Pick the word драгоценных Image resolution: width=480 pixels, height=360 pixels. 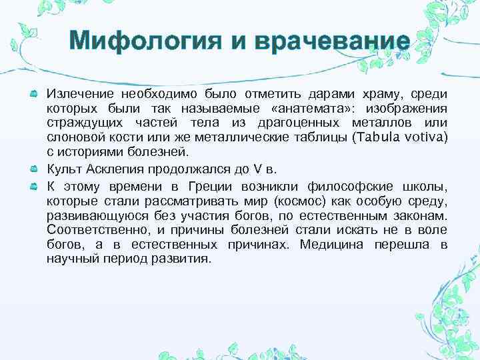(303, 123)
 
